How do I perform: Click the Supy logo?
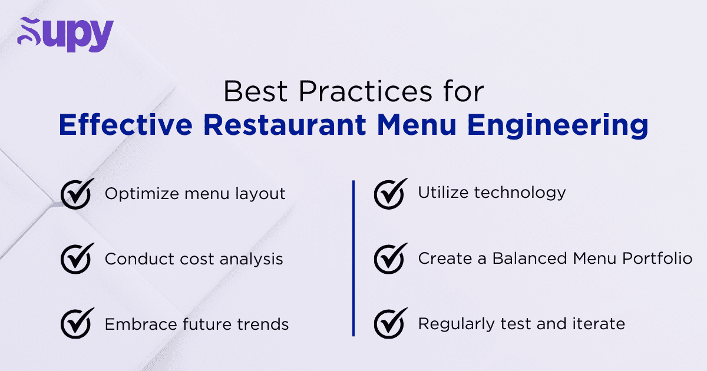click(65, 34)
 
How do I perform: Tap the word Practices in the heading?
click(365, 91)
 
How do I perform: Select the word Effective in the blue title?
click(125, 125)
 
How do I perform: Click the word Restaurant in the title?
click(285, 125)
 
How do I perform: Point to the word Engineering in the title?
click(557, 126)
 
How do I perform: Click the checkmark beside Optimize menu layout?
click(77, 194)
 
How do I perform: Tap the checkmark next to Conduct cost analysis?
click(77, 259)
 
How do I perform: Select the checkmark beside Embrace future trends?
click(77, 323)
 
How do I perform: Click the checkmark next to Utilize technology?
click(391, 194)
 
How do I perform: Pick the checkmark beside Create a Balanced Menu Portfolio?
click(391, 259)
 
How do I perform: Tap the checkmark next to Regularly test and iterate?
click(391, 323)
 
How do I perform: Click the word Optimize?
click(141, 194)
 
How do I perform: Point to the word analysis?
click(251, 260)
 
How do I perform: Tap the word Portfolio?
click(658, 259)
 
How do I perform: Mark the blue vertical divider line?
click(353, 259)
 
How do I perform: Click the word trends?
click(263, 324)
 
